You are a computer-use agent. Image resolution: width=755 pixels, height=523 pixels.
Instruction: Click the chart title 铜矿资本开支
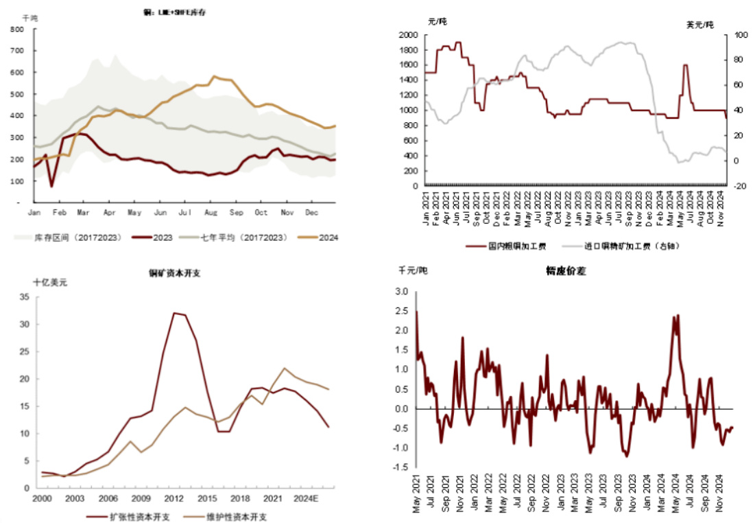pyautogui.click(x=175, y=272)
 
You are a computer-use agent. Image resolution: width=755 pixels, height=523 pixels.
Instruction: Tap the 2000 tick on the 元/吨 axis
pyautogui.click(x=409, y=34)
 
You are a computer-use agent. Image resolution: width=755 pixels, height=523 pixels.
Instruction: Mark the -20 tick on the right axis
pyautogui.click(x=740, y=186)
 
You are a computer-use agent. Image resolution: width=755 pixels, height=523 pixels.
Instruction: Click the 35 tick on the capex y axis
pyautogui.click(x=25, y=297)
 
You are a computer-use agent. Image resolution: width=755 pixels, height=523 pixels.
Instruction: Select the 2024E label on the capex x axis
pyautogui.click(x=304, y=498)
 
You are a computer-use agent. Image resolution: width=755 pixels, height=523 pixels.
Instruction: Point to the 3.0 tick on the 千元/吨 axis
pyautogui.click(x=401, y=292)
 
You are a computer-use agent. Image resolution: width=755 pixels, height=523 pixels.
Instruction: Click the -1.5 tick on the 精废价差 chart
pyautogui.click(x=400, y=467)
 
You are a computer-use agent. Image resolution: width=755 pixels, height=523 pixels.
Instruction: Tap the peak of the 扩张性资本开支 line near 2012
pyautogui.click(x=175, y=313)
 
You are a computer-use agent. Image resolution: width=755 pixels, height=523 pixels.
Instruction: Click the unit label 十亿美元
pyautogui.click(x=51, y=281)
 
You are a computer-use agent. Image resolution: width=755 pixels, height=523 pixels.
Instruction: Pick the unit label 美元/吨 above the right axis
pyautogui.click(x=700, y=25)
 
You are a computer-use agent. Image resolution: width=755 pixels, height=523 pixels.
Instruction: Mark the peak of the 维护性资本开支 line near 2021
pyautogui.click(x=284, y=368)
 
